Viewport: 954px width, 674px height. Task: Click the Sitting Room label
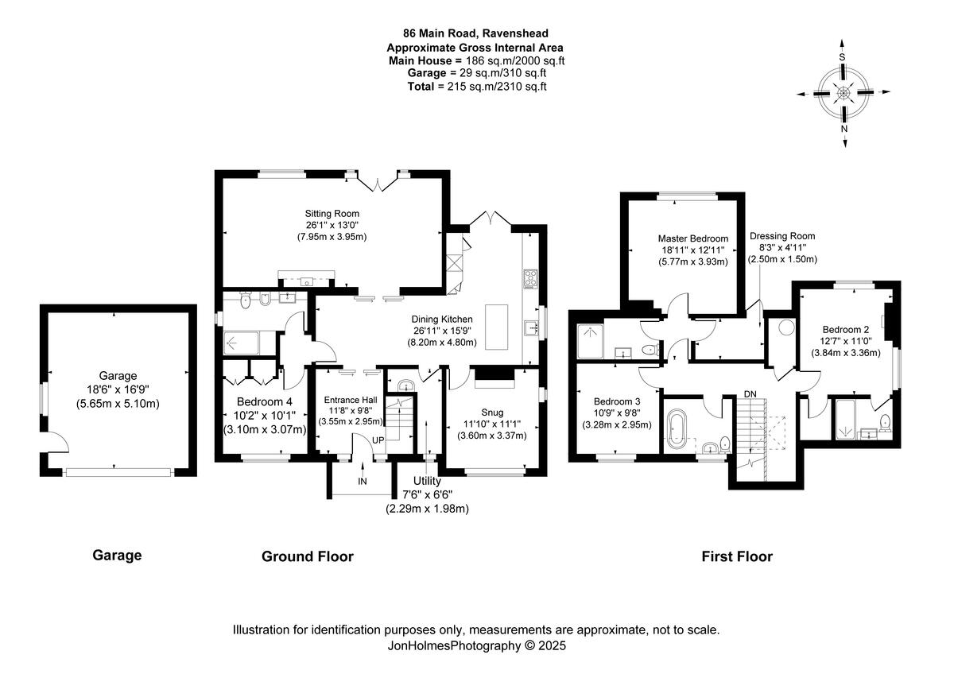332,214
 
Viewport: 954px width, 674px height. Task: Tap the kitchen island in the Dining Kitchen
497,327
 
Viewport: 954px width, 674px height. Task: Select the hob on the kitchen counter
531,279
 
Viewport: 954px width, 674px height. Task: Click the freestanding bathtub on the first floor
677,428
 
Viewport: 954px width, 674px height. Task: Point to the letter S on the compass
842,57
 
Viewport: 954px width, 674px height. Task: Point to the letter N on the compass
844,129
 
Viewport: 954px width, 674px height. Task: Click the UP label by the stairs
378,440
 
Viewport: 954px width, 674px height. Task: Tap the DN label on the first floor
750,394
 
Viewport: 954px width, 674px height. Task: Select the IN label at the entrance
363,482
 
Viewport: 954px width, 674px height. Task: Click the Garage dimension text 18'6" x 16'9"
118,389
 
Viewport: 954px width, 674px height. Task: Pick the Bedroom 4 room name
265,402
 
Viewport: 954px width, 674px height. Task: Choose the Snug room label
492,413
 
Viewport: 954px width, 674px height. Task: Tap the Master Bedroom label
693,239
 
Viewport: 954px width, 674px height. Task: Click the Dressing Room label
782,236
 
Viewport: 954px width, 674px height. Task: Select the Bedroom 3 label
617,401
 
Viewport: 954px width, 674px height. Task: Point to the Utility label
427,481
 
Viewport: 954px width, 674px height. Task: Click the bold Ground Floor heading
308,556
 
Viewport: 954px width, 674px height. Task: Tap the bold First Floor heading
737,556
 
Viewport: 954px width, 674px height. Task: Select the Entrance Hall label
351,400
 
